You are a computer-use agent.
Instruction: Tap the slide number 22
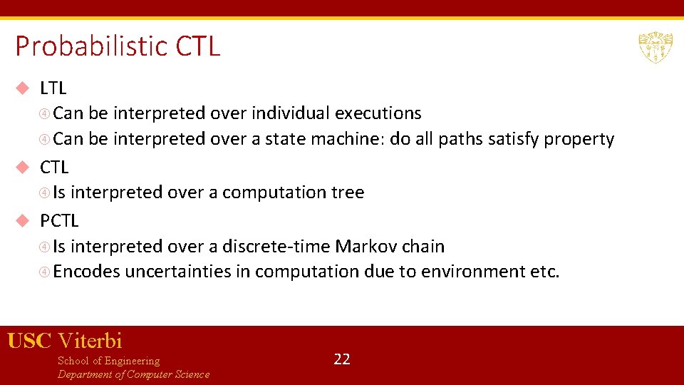342,359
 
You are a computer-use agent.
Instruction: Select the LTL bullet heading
53,88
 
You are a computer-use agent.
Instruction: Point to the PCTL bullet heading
59,221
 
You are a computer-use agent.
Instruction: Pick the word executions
378,113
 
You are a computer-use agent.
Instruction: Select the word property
579,139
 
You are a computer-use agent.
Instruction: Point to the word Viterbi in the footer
90,341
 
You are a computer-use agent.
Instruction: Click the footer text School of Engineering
108,361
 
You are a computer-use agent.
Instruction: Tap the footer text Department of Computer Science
133,374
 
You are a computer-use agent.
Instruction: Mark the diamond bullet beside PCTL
23,221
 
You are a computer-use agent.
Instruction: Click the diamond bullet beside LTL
23,88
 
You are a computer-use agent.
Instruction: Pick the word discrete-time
276,247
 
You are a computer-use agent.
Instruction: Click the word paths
460,139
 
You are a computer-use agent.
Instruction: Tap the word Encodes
86,272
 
